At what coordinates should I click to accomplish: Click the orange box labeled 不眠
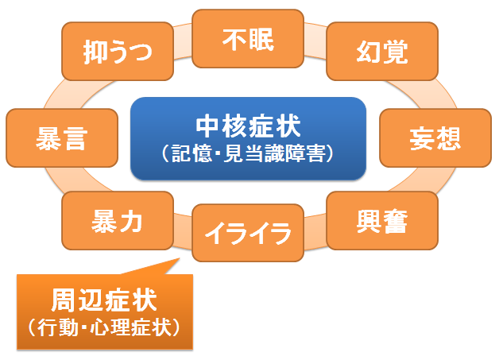(x=248, y=38)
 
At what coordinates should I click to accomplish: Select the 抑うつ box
(x=118, y=51)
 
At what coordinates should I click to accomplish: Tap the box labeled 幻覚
(x=382, y=51)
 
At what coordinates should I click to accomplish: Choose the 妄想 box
(x=435, y=137)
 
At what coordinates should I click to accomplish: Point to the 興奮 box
(x=382, y=221)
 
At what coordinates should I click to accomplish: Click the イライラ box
(x=248, y=233)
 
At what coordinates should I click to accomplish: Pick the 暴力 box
(x=118, y=221)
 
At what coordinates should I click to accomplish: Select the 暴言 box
(x=62, y=137)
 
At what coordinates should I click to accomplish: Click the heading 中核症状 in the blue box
(x=248, y=126)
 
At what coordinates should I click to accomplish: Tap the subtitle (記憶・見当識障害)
(x=248, y=153)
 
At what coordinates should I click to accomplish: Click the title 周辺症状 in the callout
(x=104, y=300)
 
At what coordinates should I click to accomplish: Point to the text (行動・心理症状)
(x=104, y=327)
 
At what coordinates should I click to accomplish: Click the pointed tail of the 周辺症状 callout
(x=179, y=258)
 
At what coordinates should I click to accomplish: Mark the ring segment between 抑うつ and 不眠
(x=183, y=41)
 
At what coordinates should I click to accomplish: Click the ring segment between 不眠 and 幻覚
(x=315, y=41)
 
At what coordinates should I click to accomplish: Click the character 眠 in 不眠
(x=261, y=40)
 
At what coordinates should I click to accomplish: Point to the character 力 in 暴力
(x=131, y=222)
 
